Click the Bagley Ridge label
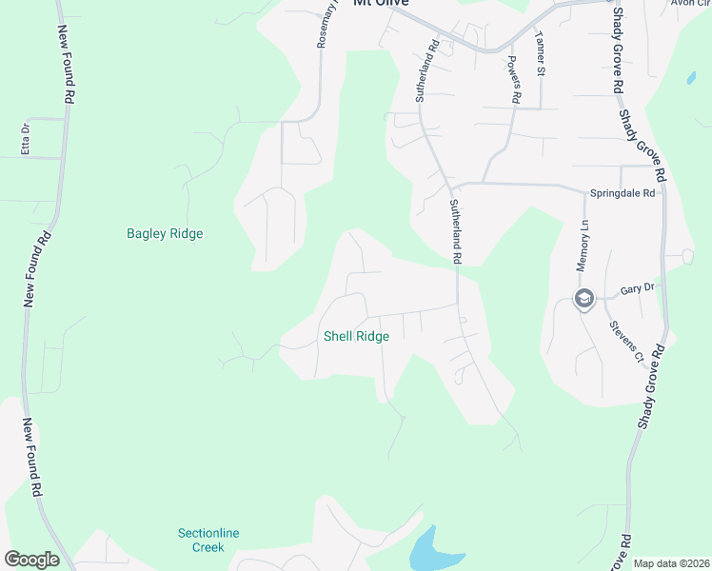(165, 233)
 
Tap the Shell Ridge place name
(356, 336)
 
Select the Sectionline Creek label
(201, 540)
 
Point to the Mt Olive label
(381, 4)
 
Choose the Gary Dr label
(637, 287)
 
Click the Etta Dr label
(26, 140)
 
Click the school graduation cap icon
(583, 300)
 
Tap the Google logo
(31, 560)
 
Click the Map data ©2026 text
(669, 563)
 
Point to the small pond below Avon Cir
(689, 79)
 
